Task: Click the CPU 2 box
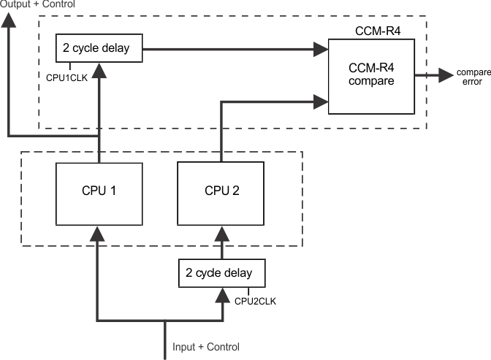point(220,192)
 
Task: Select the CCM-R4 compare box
point(371,75)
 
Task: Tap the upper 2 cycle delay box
point(96,50)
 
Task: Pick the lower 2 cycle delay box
point(220,274)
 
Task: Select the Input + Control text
point(205,347)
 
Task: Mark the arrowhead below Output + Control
point(8,20)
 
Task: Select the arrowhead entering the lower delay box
point(220,294)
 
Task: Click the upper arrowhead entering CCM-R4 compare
point(321,50)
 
